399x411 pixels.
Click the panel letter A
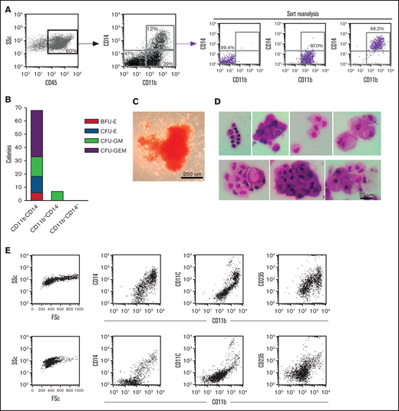click(6, 5)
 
